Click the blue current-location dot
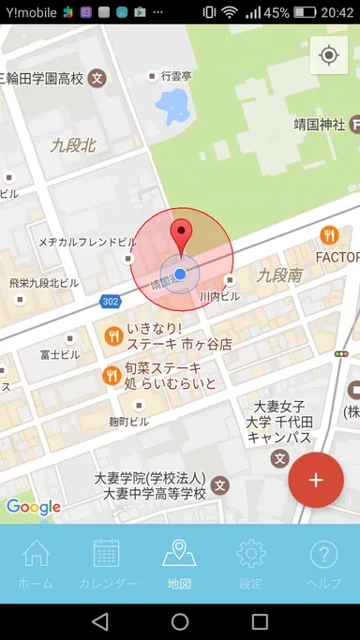click(180, 273)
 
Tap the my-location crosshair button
click(328, 55)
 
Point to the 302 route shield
click(111, 301)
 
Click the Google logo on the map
click(34, 507)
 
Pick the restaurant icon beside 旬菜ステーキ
click(111, 376)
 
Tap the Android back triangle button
click(99, 621)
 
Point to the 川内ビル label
click(219, 296)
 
